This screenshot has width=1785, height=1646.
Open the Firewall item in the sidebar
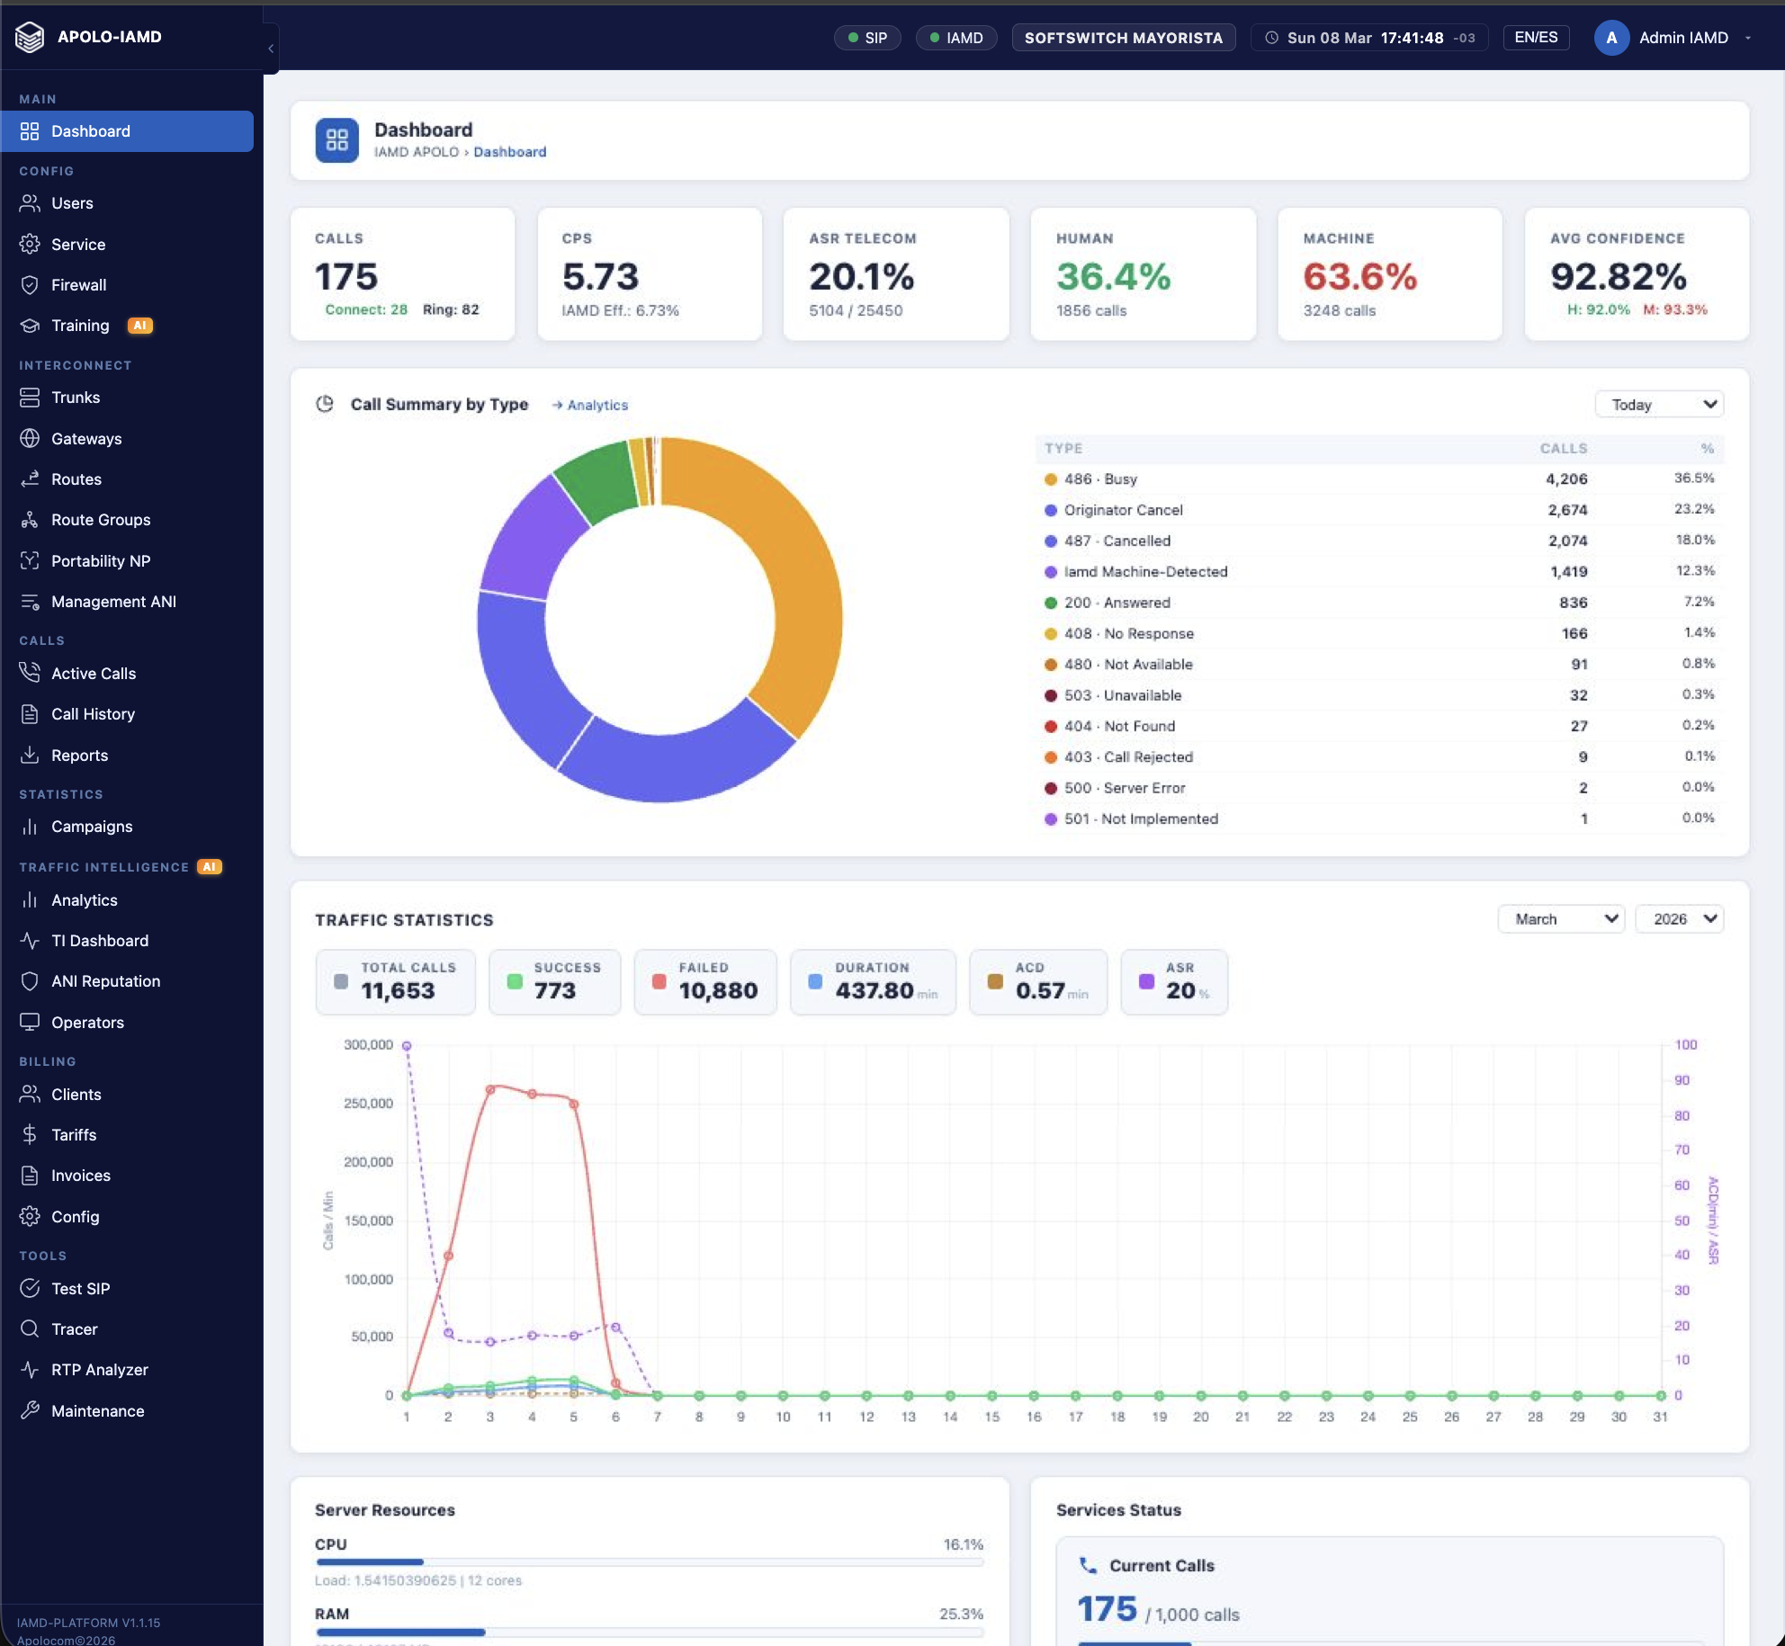[78, 285]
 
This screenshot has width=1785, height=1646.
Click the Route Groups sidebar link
[100, 520]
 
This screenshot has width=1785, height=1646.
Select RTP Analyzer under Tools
[99, 1370]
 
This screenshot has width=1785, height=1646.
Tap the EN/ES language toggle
[1536, 38]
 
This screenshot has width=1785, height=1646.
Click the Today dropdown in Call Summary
[1659, 405]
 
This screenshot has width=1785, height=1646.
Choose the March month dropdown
[1560, 919]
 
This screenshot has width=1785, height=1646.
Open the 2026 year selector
[1679, 919]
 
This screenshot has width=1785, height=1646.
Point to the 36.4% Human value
[1113, 277]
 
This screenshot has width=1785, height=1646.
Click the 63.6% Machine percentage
[1359, 277]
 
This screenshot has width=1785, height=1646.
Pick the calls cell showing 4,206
[1565, 479]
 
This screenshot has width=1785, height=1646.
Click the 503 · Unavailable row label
[1122, 695]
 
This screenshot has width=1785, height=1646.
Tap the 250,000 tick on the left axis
[368, 1104]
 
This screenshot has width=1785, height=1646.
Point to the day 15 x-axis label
[991, 1417]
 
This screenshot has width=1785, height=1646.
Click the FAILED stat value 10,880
[717, 990]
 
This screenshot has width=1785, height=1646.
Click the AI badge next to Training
[140, 326]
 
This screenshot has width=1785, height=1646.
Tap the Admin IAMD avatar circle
[1610, 38]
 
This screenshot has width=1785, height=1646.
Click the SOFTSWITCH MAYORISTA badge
[1123, 38]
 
